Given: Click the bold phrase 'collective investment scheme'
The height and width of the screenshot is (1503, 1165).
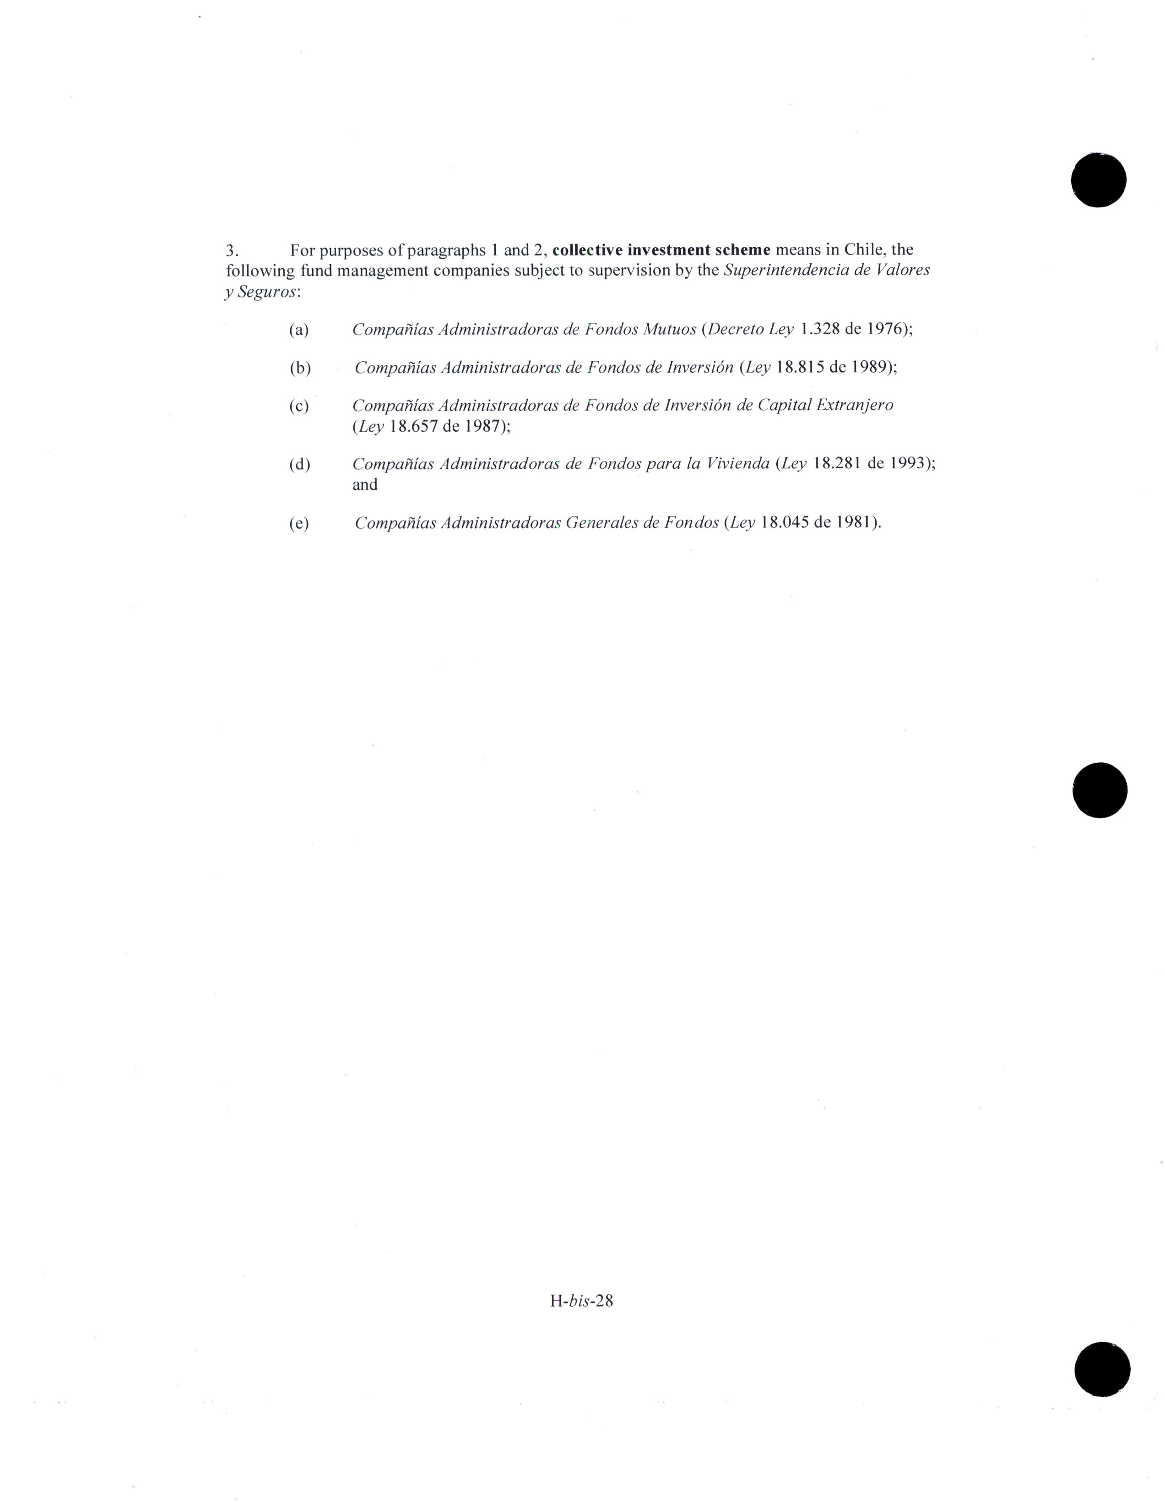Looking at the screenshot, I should [x=661, y=249].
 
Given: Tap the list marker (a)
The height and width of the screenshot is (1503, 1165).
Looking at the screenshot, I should [x=298, y=330].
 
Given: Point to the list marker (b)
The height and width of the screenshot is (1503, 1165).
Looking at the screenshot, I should [x=300, y=368].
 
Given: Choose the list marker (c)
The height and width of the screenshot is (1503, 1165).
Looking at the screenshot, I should [x=298, y=406].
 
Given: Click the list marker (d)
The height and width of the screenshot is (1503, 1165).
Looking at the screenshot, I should [x=299, y=465].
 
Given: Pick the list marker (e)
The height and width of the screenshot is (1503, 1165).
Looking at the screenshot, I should [x=298, y=523].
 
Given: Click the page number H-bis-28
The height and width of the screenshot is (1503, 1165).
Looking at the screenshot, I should [x=581, y=1301].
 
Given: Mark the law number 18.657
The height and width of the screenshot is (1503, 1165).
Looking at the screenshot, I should [x=413, y=426].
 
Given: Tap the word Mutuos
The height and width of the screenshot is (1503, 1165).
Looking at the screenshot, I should [x=669, y=329].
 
